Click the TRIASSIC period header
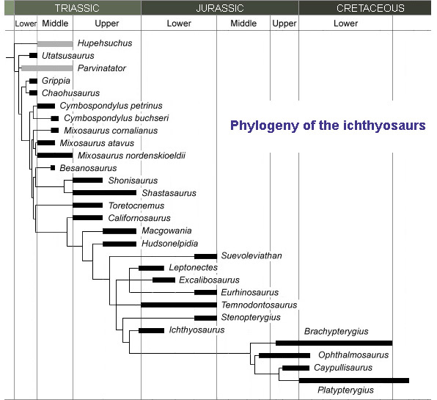coord(77,8)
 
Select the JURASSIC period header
coord(220,8)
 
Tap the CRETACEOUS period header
coord(370,8)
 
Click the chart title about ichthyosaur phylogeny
coord(328,126)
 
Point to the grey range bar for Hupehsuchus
coord(55,44)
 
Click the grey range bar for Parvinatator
coord(47,68)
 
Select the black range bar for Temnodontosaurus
coord(179,305)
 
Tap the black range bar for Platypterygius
coord(354,380)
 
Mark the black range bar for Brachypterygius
coord(334,343)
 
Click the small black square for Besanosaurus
coord(53,167)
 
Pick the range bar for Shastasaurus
coord(105,193)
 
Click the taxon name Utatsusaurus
coord(68,56)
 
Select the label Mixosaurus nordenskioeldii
coord(131,156)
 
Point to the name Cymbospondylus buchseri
coord(117,118)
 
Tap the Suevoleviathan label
coord(251,255)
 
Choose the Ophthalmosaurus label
coord(353,354)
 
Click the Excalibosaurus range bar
coord(164,280)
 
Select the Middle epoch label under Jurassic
coord(243,23)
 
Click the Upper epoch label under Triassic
coord(107,23)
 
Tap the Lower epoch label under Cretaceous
coord(345,23)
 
